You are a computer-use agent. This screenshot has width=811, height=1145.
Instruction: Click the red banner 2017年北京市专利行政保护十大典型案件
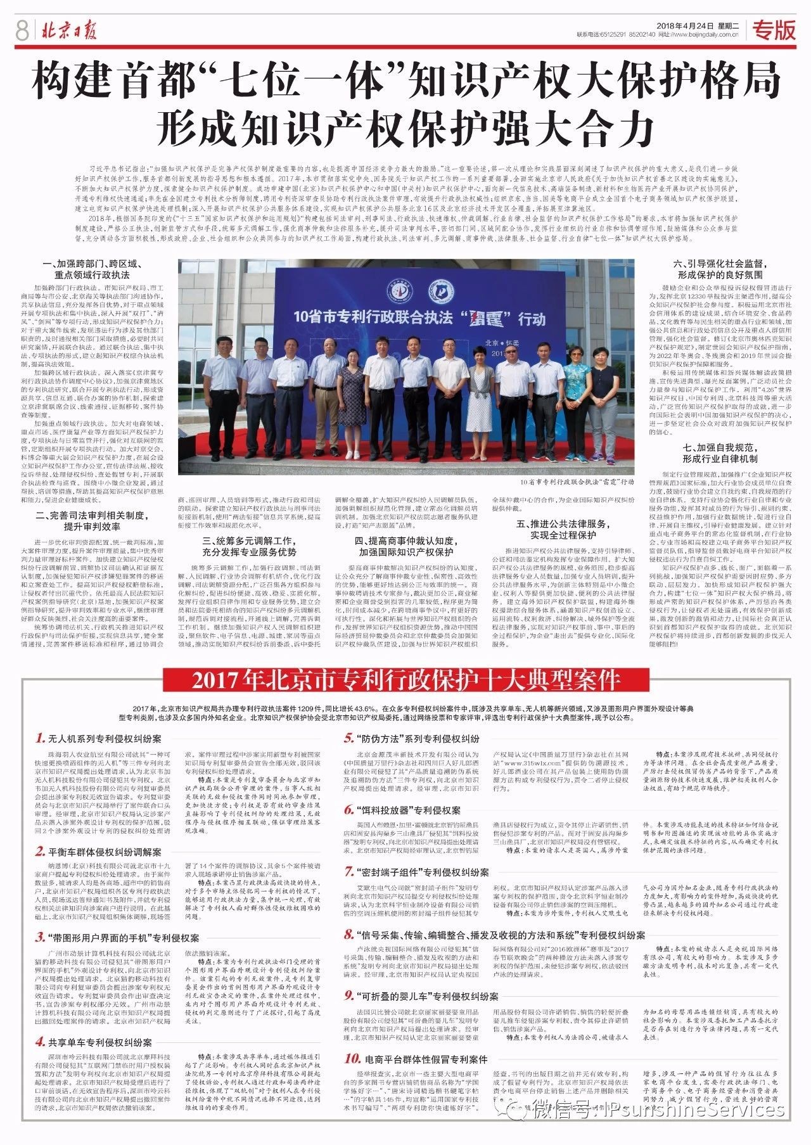point(405,681)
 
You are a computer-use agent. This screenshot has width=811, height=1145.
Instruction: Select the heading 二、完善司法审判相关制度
point(92,521)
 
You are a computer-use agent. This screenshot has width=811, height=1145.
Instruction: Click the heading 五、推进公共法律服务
point(563,529)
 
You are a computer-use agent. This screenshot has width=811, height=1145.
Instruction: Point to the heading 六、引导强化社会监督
point(720,269)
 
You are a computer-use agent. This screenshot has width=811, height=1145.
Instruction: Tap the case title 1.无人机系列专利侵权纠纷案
point(98,738)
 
